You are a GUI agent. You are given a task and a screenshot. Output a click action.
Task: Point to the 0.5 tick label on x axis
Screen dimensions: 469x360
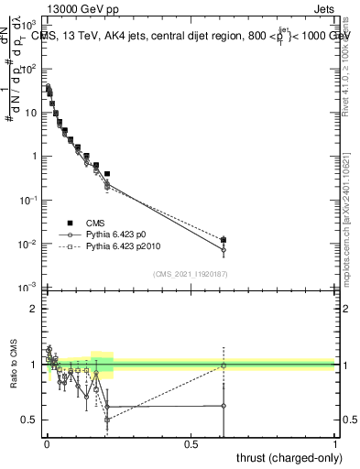(191, 444)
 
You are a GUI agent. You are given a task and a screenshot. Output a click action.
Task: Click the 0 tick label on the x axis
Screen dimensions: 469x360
(47, 444)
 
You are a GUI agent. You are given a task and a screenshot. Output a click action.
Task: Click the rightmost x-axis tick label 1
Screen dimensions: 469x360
(335, 444)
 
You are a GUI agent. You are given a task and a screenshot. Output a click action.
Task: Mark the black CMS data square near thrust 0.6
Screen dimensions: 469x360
(224, 240)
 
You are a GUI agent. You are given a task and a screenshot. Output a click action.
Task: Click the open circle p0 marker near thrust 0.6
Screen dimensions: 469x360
(224, 249)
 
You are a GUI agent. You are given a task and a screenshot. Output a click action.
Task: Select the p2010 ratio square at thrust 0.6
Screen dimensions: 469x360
(224, 365)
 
